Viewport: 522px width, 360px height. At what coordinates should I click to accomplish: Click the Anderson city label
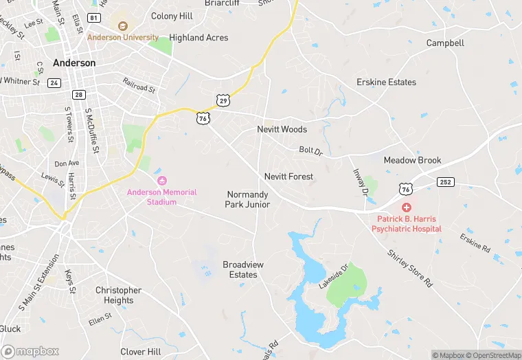click(74, 63)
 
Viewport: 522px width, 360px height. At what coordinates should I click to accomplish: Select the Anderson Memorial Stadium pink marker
click(162, 181)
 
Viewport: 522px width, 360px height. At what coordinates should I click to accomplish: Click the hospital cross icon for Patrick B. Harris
click(407, 207)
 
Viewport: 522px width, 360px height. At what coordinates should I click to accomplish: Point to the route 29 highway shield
click(223, 101)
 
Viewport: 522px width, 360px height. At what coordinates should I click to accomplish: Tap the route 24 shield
click(54, 83)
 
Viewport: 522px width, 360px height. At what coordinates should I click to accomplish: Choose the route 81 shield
click(93, 16)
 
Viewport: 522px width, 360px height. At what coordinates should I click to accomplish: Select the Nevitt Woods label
click(282, 129)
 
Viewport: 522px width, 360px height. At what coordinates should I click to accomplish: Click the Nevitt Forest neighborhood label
click(288, 177)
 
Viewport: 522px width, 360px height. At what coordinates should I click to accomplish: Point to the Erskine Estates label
click(386, 82)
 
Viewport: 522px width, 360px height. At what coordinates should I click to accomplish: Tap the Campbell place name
click(445, 43)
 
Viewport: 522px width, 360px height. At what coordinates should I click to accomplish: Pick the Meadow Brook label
click(412, 160)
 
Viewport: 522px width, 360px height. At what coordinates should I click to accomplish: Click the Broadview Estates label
click(243, 269)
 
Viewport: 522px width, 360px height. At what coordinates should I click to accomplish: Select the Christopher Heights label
click(118, 295)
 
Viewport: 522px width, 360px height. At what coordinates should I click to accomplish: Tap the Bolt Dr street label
click(310, 150)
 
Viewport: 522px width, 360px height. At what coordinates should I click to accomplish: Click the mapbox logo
click(30, 351)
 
